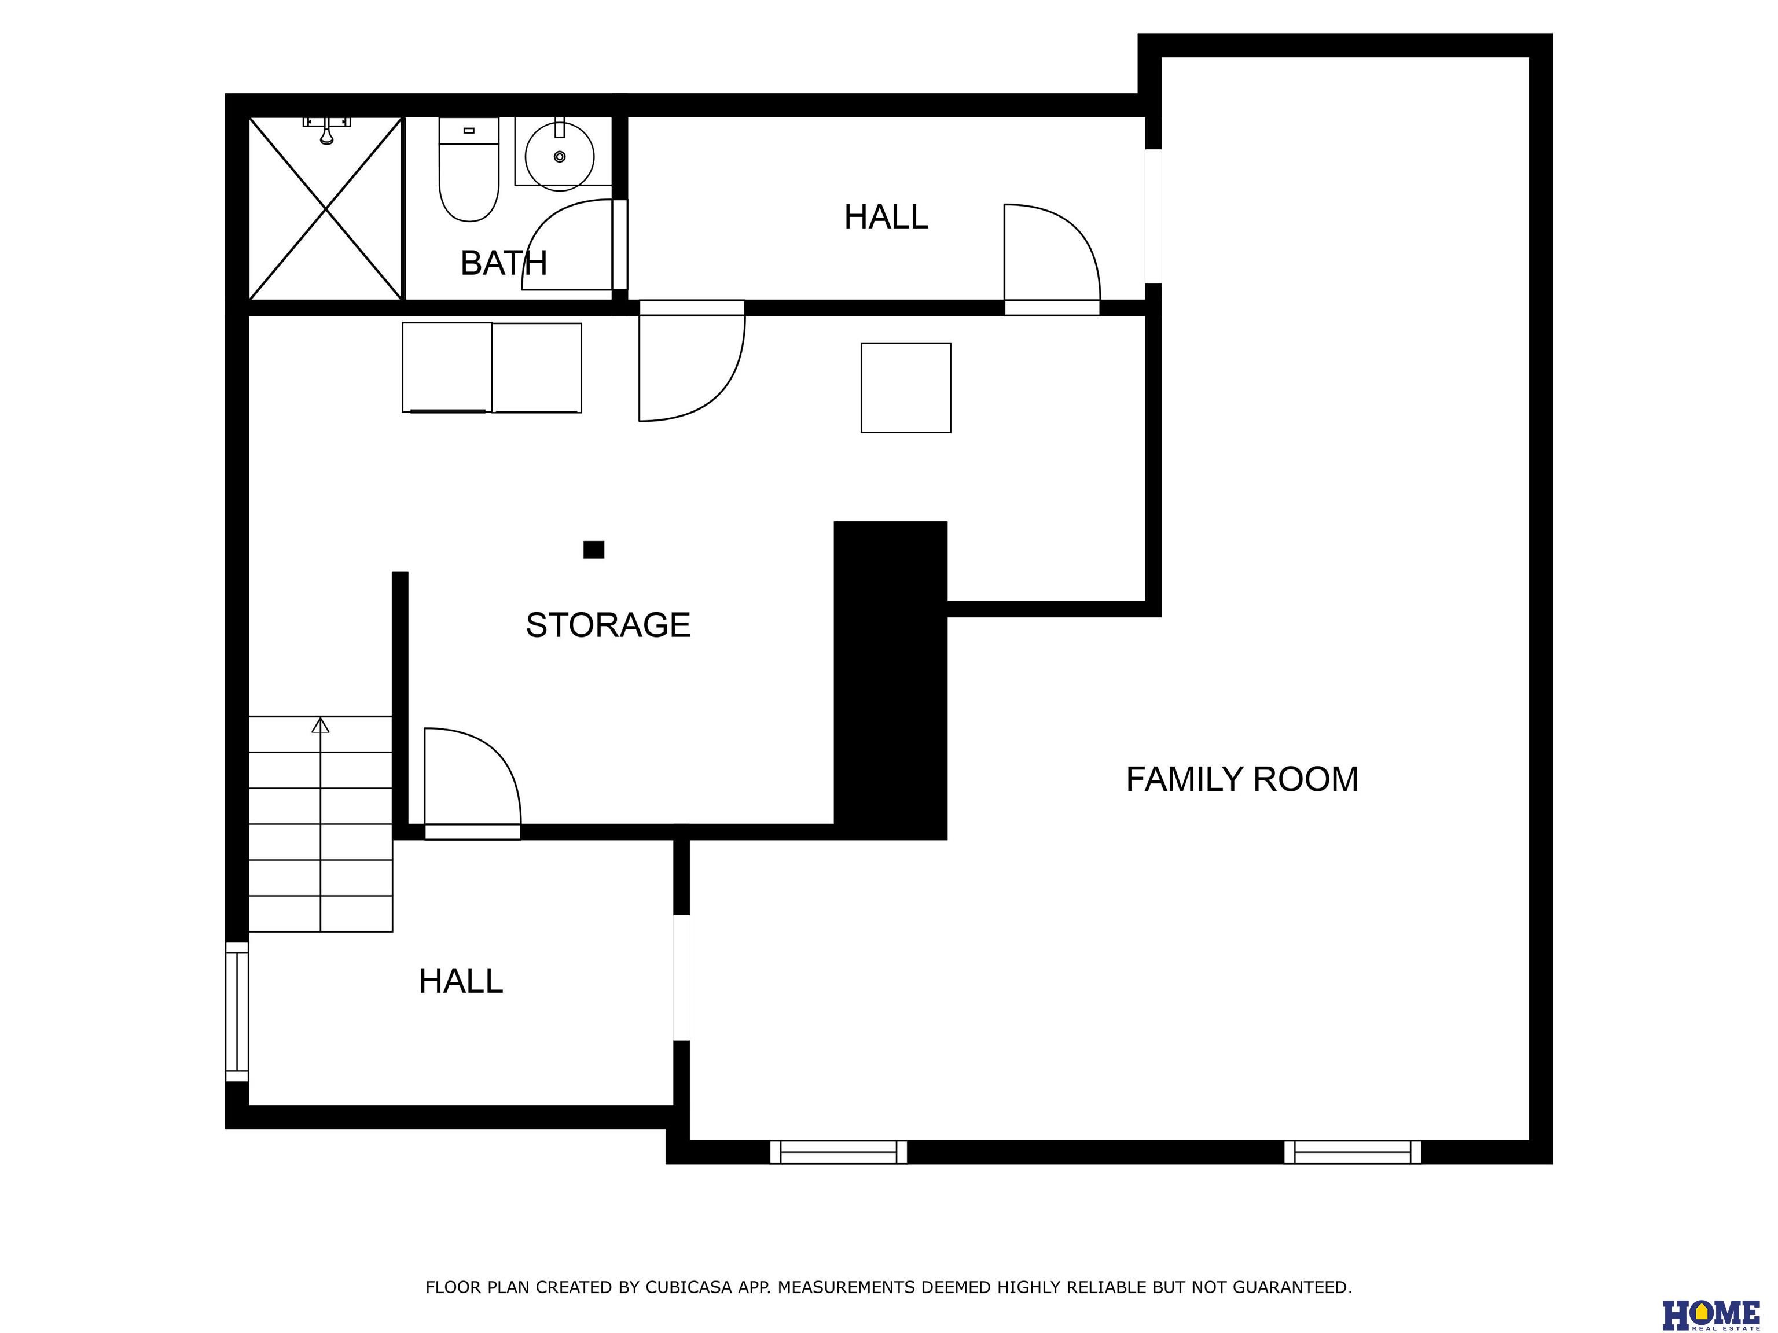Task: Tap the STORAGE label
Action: [x=608, y=625]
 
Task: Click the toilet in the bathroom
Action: [x=469, y=169]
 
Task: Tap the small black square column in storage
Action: [x=593, y=550]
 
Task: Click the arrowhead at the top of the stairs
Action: [x=321, y=725]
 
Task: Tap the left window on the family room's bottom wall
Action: [x=839, y=1152]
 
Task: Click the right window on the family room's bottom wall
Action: [x=1352, y=1152]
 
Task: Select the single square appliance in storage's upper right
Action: [x=906, y=388]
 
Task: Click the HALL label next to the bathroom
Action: [x=886, y=217]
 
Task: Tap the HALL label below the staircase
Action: [x=461, y=981]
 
